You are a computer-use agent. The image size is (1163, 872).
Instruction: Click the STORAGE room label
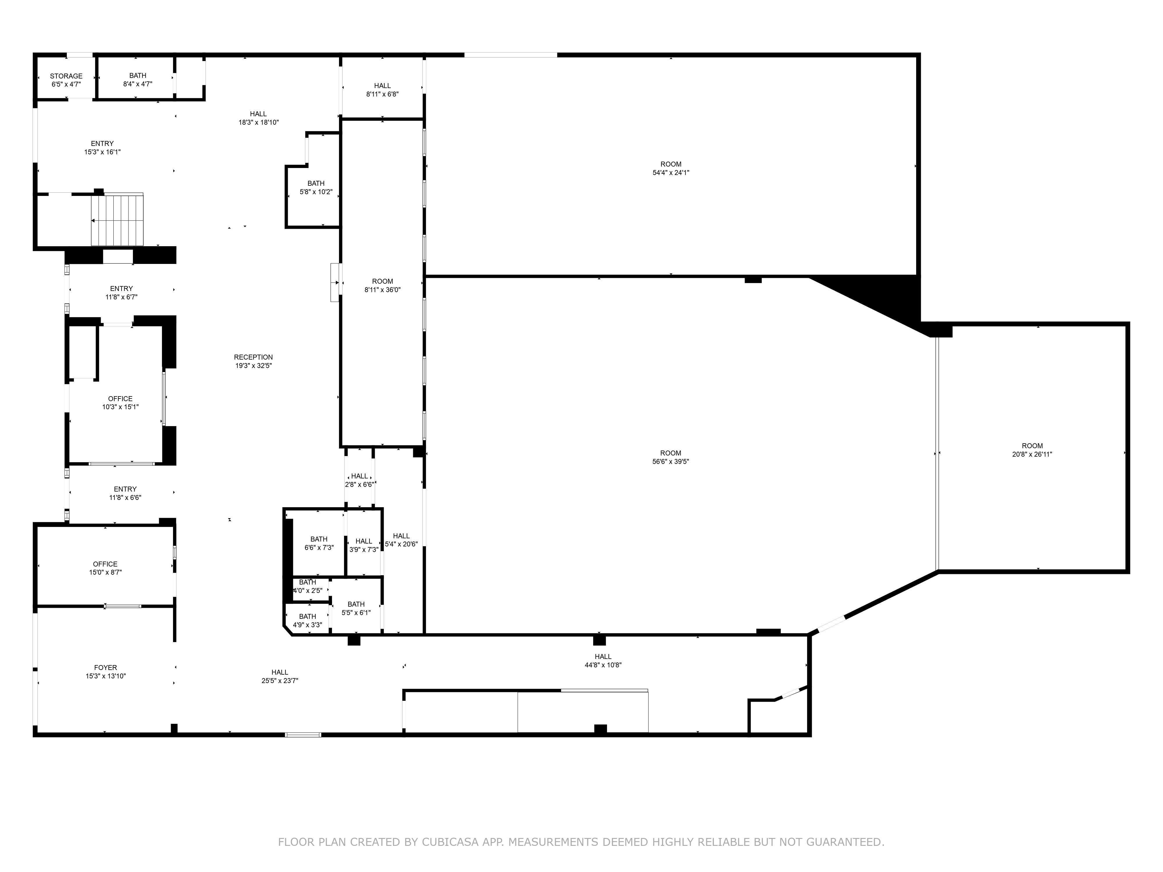point(66,76)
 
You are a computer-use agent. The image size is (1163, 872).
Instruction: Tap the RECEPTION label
point(254,358)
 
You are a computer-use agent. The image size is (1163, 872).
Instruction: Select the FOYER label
point(106,668)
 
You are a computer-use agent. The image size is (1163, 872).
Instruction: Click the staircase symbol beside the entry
point(117,220)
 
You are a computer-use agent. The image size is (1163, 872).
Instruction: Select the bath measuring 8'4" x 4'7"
point(136,77)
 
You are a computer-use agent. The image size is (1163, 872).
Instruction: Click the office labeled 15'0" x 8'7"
point(105,566)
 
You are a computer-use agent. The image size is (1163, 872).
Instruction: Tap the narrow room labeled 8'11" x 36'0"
point(382,284)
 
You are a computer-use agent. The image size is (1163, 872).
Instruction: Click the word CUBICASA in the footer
point(449,842)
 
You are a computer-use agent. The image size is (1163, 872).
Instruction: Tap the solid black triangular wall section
point(883,300)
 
